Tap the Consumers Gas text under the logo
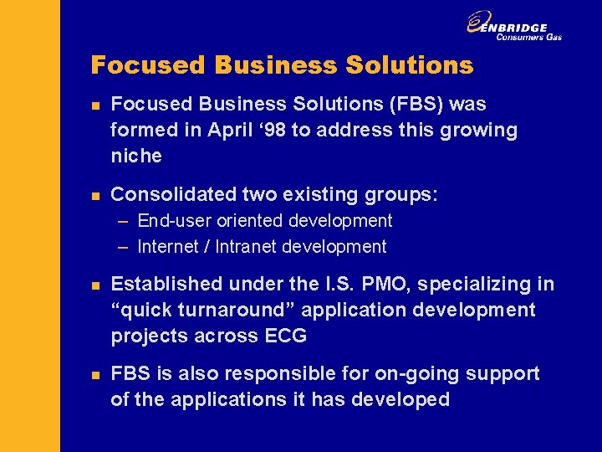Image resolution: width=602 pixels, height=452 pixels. (528, 37)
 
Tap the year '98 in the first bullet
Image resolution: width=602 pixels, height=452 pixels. (268, 130)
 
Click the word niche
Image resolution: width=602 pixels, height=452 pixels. (136, 156)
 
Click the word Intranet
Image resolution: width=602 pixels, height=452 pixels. (248, 247)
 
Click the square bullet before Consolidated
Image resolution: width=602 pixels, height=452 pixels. (96, 195)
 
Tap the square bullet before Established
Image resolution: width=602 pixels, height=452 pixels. (96, 285)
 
